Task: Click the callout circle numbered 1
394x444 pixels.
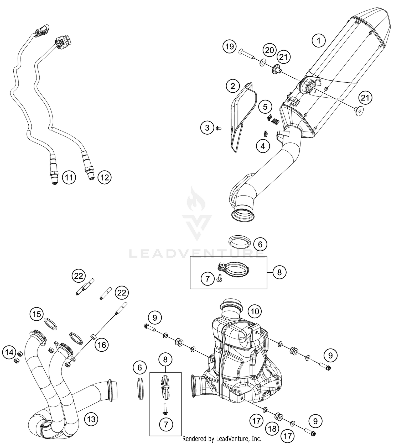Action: click(319, 41)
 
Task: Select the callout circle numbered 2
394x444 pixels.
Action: click(233, 86)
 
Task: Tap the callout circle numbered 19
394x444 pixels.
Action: click(230, 47)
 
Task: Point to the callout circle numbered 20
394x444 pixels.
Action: click(269, 50)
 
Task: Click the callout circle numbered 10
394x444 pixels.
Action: click(255, 311)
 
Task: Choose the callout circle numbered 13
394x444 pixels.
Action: click(91, 419)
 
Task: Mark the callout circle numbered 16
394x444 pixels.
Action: click(102, 345)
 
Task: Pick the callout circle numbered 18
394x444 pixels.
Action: click(272, 429)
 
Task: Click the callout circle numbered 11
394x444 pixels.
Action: click(69, 178)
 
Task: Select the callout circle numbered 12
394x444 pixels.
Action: click(105, 178)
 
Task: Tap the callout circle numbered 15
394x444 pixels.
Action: click(37, 314)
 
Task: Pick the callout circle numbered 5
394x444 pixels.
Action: click(265, 107)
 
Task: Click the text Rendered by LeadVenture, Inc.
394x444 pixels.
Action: click(222, 438)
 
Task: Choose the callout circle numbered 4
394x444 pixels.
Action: click(263, 146)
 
